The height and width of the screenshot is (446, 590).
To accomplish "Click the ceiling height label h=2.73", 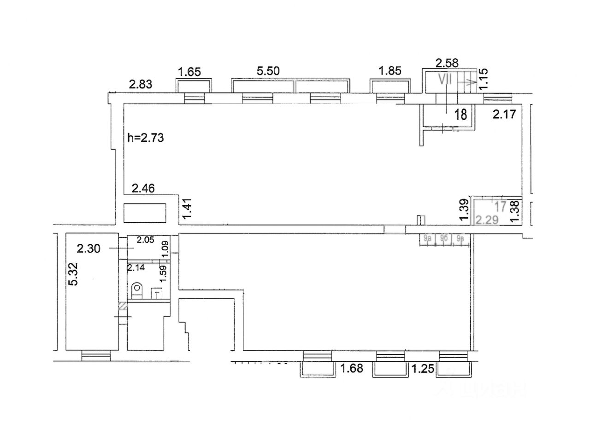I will (x=146, y=137).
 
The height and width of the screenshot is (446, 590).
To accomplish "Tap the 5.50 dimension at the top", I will (x=268, y=71).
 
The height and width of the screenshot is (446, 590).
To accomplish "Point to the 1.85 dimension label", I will (x=390, y=71).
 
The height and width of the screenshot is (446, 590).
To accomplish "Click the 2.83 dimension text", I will (x=140, y=84).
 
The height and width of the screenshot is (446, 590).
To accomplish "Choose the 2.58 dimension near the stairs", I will (x=447, y=62).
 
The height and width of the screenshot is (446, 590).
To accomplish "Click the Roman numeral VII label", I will (x=444, y=80).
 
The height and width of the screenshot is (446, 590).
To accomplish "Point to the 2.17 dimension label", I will (x=504, y=114).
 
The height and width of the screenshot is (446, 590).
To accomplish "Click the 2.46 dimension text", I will (x=143, y=188).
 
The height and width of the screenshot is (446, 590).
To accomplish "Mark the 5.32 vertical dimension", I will (x=73, y=274).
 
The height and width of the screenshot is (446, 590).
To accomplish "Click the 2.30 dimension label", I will (x=88, y=249).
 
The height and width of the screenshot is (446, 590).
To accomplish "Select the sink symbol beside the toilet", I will (x=157, y=293).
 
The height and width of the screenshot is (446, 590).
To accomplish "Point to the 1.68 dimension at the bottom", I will (x=352, y=368).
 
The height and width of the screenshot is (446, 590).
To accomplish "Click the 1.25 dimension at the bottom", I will (x=423, y=369).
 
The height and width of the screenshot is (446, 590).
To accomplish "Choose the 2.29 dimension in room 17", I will (x=487, y=220).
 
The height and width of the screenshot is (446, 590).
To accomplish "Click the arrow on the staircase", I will (x=471, y=83).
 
